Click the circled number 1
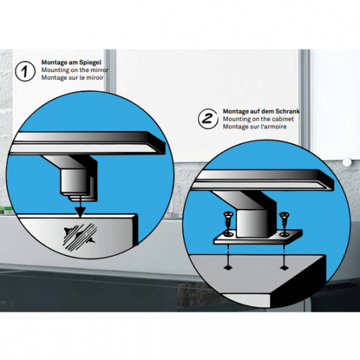(25, 71)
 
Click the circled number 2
(208, 119)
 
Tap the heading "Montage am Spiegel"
(71, 63)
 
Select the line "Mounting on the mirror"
(75, 70)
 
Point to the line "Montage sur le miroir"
(73, 78)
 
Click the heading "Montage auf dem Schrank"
(261, 112)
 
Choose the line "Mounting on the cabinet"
(258, 119)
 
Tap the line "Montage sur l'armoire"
(255, 127)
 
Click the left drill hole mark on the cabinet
(228, 267)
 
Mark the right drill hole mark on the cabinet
(284, 267)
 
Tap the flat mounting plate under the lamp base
(258, 238)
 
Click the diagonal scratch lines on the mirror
(80, 237)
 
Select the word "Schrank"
(288, 112)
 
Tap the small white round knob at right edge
(347, 162)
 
